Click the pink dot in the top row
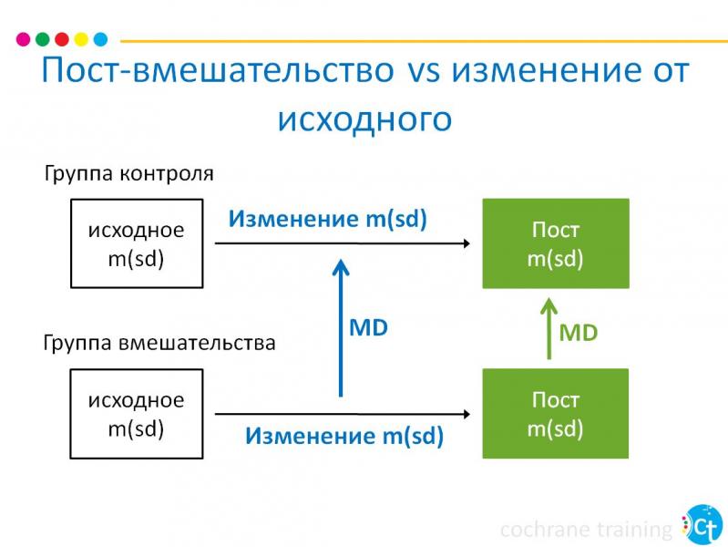[24, 39]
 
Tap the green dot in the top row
[43, 39]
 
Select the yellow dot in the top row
[81, 39]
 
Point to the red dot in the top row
[62, 39]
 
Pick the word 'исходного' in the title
[364, 119]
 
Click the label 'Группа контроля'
[128, 173]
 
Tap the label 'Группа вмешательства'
[159, 344]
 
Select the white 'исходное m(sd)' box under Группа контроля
[136, 243]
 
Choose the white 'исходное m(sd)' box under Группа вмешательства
[136, 413]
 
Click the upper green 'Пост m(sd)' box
[555, 243]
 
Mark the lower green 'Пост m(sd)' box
[555, 413]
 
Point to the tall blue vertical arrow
[341, 328]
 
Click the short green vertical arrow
[549, 327]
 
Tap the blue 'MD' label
[369, 328]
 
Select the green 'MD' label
[579, 333]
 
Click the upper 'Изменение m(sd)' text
[327, 219]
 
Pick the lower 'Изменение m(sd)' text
[343, 436]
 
